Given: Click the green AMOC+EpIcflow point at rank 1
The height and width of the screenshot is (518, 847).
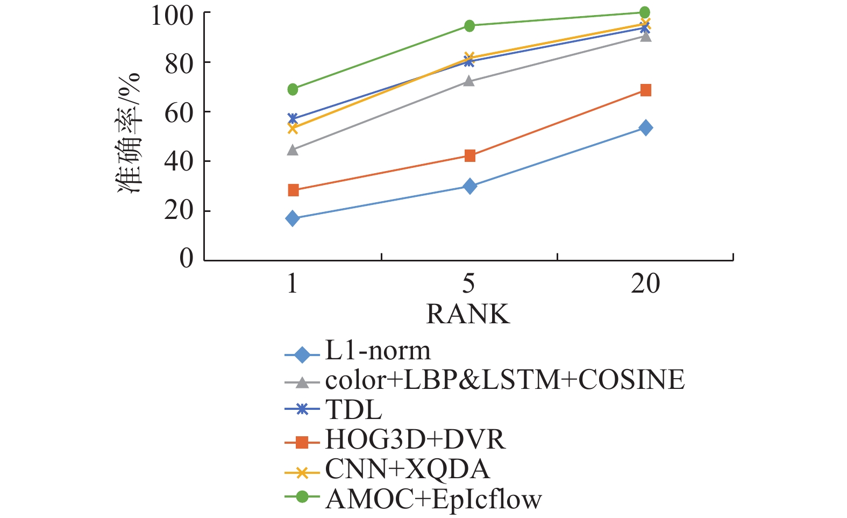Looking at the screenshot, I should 293,89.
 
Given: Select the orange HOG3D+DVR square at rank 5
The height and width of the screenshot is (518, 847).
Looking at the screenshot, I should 469,156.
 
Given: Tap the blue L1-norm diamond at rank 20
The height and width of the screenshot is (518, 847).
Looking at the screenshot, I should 646,127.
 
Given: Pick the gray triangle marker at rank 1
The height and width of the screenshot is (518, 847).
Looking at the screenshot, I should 293,150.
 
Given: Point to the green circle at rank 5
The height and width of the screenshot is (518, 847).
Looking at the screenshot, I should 469,26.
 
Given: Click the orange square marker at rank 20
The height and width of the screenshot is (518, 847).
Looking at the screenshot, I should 646,90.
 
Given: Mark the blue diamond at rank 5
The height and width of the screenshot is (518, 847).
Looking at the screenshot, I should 469,186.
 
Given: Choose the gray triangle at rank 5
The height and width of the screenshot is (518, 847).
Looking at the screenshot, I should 469,81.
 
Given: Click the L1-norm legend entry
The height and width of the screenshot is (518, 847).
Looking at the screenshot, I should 378,351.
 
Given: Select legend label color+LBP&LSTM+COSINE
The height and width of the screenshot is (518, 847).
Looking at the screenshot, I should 504,380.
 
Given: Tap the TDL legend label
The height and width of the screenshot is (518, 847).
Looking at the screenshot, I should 353,410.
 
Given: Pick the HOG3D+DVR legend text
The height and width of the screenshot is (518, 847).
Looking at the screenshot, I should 415,440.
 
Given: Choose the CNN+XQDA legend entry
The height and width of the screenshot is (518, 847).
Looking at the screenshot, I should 407,470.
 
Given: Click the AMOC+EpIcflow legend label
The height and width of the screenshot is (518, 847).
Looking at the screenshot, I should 433,499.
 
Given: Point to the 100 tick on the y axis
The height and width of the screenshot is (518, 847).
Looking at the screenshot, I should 172,15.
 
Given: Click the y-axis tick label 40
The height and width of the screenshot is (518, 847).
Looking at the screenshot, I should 179,161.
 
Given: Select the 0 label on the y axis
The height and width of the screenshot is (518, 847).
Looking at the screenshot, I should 187,259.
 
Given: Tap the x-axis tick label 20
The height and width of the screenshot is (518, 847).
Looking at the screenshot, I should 645,283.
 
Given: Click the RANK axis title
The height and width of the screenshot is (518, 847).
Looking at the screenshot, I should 468,314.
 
